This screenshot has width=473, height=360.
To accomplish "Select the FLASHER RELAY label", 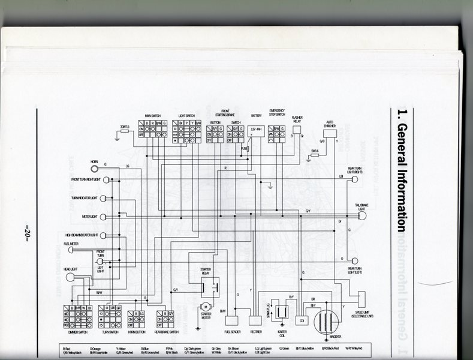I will click(x=297, y=119).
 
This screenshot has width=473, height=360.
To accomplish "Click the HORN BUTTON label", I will click(x=137, y=331).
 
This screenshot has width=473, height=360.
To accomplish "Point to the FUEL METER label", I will click(x=71, y=244).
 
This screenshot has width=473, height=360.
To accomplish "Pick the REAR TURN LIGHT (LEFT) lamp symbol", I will click(x=355, y=260).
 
